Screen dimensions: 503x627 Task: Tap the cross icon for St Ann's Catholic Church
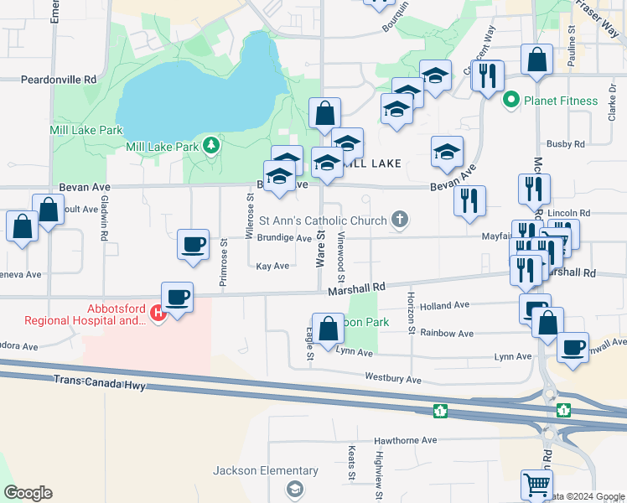(x=400, y=220)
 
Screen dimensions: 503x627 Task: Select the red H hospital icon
(x=158, y=313)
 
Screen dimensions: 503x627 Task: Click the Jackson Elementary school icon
(x=293, y=488)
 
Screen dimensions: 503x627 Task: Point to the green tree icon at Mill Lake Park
(x=211, y=146)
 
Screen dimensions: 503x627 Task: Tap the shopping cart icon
(x=536, y=485)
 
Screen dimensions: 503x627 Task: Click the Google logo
(x=28, y=493)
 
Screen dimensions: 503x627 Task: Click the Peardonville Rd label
(x=58, y=79)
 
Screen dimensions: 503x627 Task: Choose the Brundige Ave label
(x=284, y=238)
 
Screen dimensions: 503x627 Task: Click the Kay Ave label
(x=272, y=266)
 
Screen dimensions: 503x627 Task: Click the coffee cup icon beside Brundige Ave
(x=194, y=245)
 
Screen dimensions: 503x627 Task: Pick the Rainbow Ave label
(x=445, y=332)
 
